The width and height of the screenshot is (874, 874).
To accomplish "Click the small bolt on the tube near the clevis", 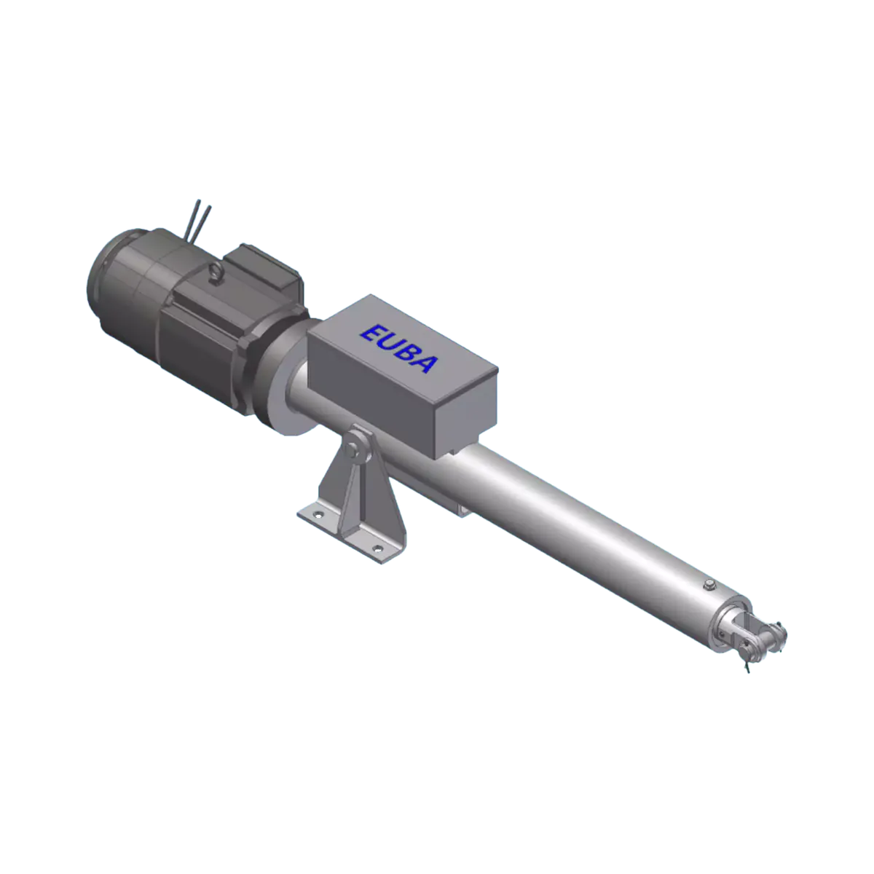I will click(707, 586).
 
